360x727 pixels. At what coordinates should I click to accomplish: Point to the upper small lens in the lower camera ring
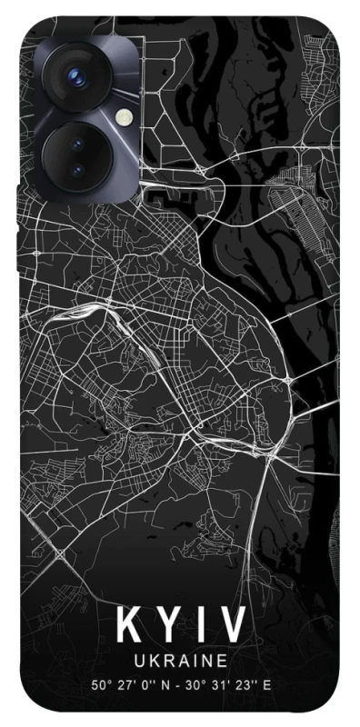[x=76, y=144]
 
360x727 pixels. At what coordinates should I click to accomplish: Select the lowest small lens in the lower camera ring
[x=76, y=170]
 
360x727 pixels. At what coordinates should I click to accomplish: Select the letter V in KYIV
[x=231, y=627]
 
